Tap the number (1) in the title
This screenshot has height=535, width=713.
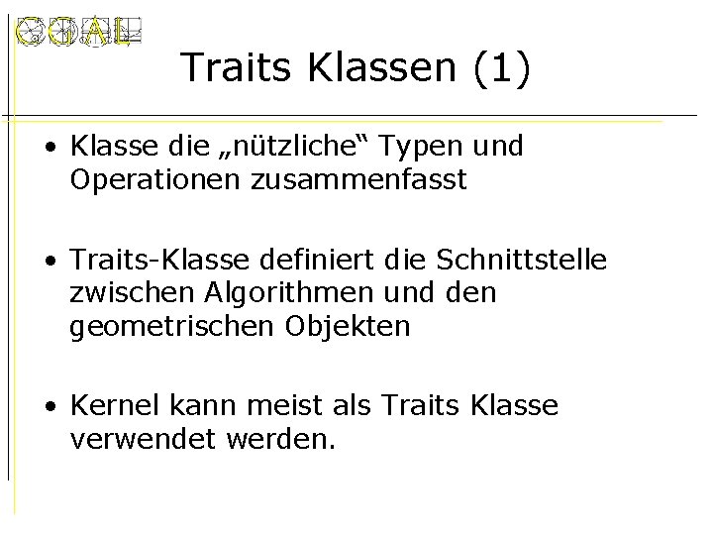(x=502, y=68)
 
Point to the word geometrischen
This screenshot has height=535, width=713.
(x=168, y=326)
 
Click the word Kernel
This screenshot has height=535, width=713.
(x=108, y=405)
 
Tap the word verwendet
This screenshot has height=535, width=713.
(x=134, y=438)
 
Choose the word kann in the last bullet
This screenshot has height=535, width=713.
(x=194, y=405)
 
